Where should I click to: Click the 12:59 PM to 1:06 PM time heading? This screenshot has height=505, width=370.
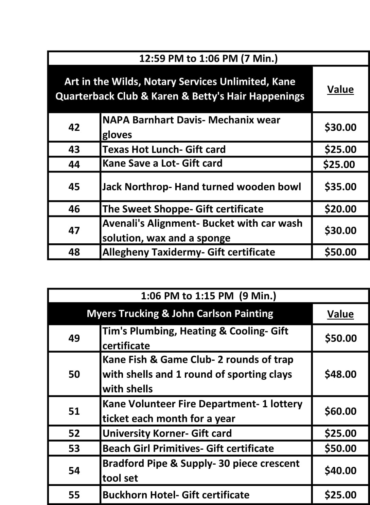208,59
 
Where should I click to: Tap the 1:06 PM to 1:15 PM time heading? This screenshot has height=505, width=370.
208,296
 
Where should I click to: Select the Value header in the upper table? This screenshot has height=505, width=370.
340,90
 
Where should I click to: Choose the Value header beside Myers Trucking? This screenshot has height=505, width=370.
340,314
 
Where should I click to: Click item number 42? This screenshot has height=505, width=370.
74,127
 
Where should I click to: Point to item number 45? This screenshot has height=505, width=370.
74,187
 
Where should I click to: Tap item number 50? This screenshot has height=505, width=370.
74,374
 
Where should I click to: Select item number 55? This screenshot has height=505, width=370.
74,495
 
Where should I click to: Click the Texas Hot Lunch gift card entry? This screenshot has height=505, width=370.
164,149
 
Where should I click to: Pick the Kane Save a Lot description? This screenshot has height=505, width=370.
162,163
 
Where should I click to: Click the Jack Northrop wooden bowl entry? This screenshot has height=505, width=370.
202,187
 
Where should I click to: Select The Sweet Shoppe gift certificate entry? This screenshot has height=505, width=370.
183,209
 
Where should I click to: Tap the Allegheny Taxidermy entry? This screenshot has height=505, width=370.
189,252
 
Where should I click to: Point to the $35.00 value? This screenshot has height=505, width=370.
340,187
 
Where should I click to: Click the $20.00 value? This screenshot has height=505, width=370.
340,209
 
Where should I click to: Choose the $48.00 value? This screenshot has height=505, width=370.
340,374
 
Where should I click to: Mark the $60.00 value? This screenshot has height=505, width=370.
340,411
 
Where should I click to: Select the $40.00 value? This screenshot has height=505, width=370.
340,470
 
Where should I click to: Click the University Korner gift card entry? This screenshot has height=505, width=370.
167,433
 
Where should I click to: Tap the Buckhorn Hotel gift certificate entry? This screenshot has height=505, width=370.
176,495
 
